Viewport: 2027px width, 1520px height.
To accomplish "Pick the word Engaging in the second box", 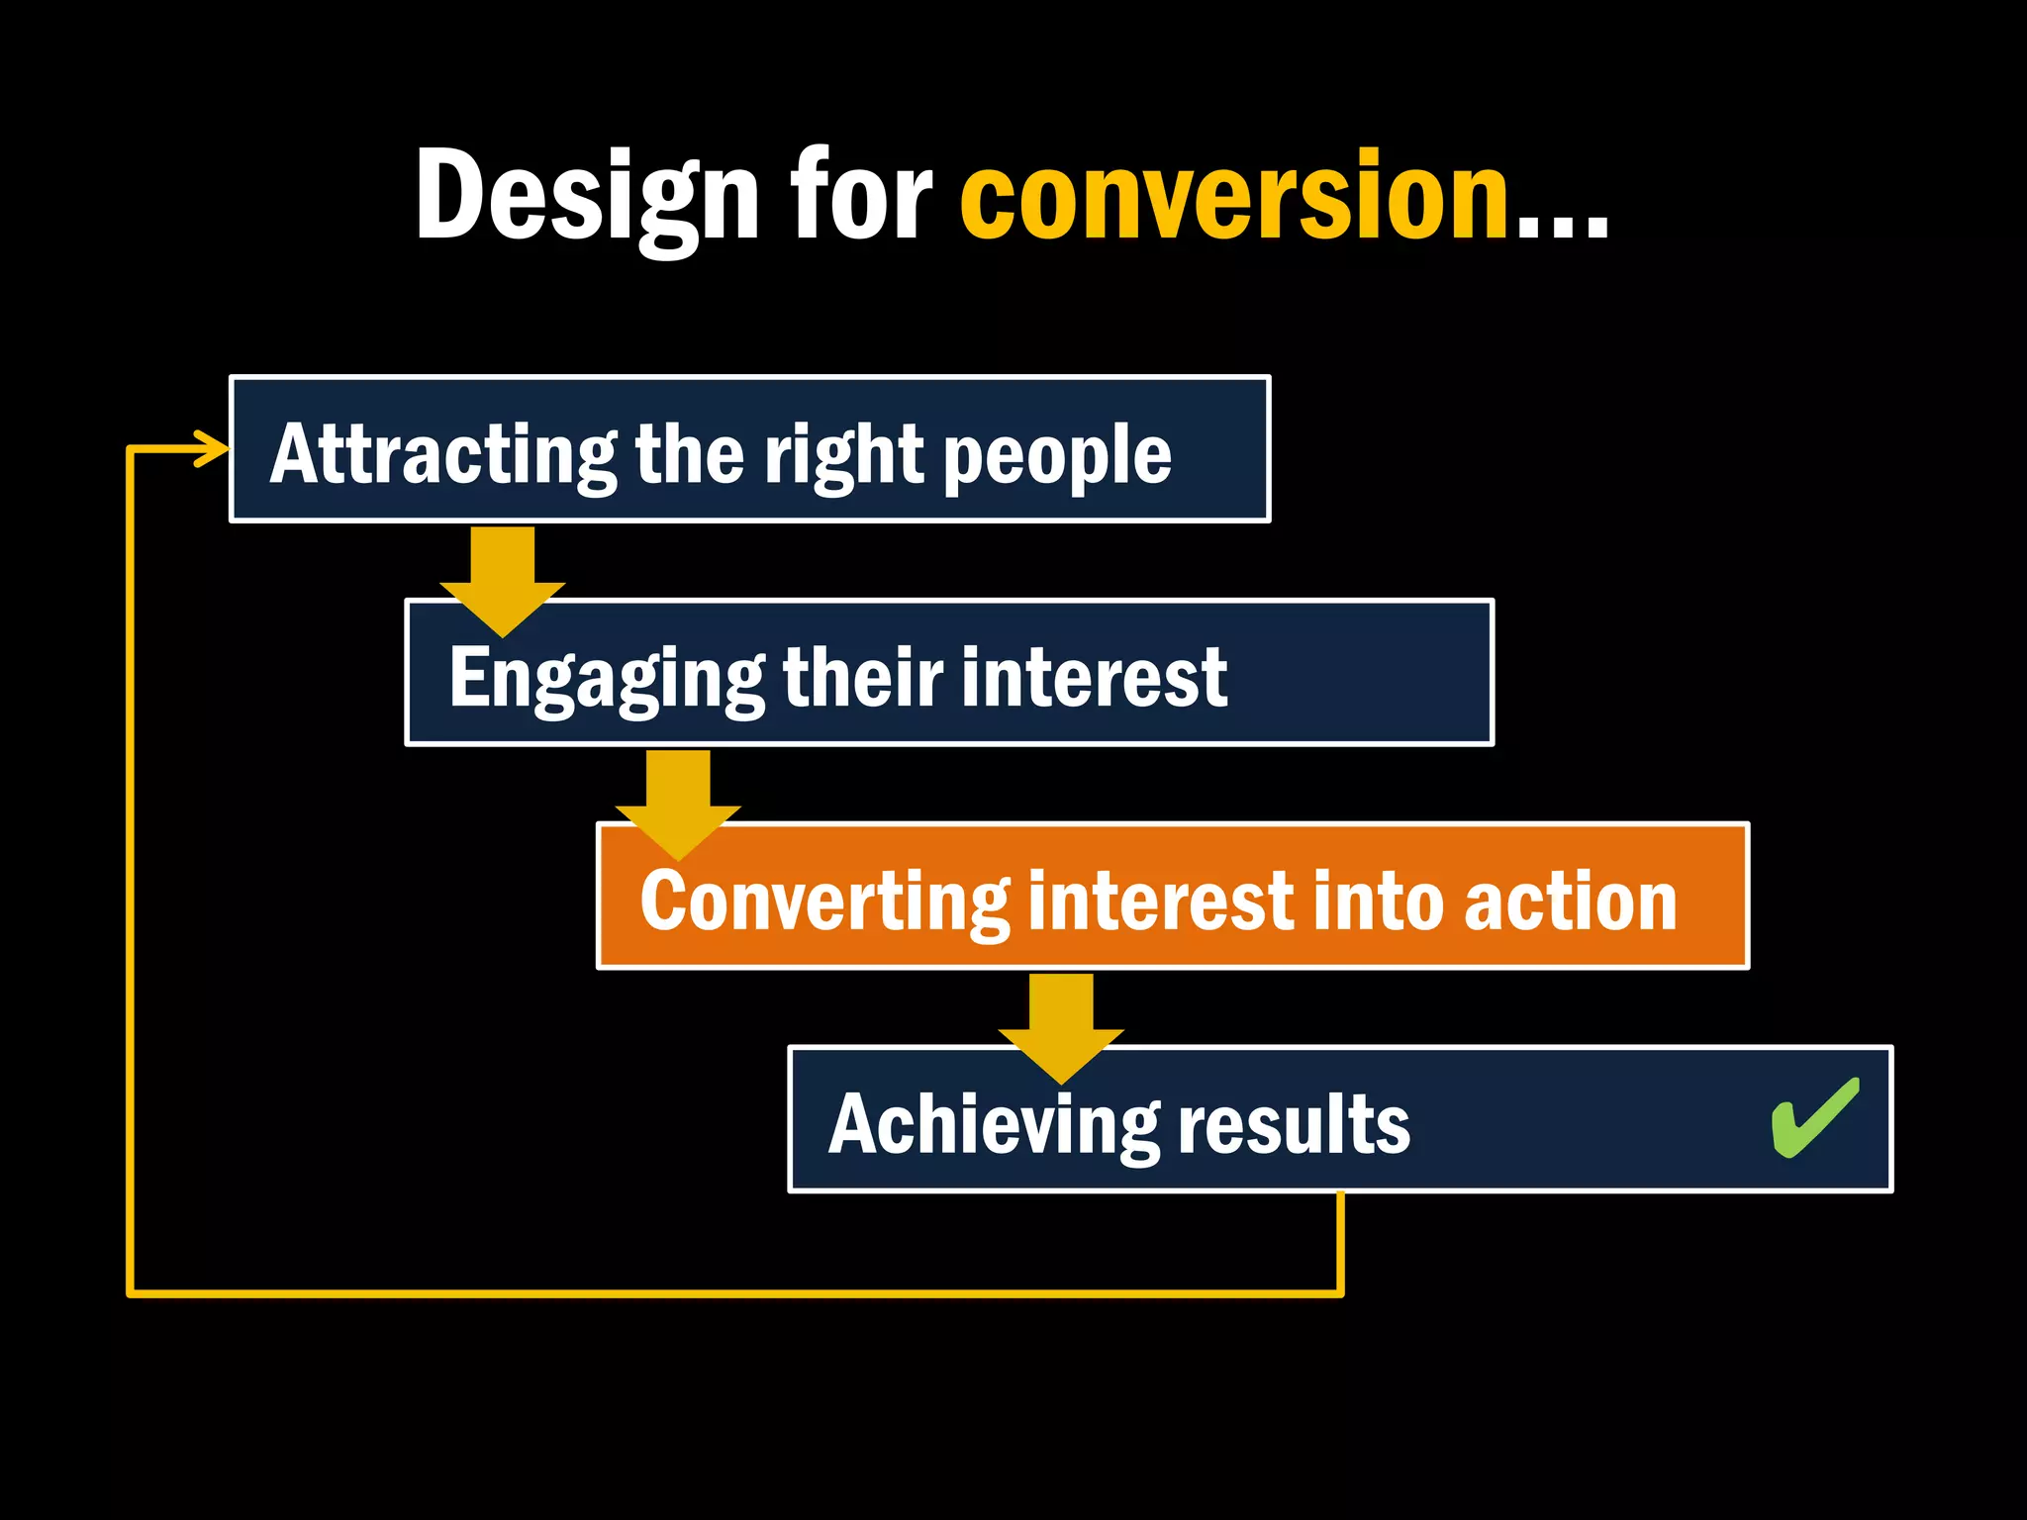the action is tap(606, 680).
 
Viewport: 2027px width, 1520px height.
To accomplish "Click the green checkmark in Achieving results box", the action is tap(1814, 1118).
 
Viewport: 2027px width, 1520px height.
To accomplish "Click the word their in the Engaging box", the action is tap(862, 678).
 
